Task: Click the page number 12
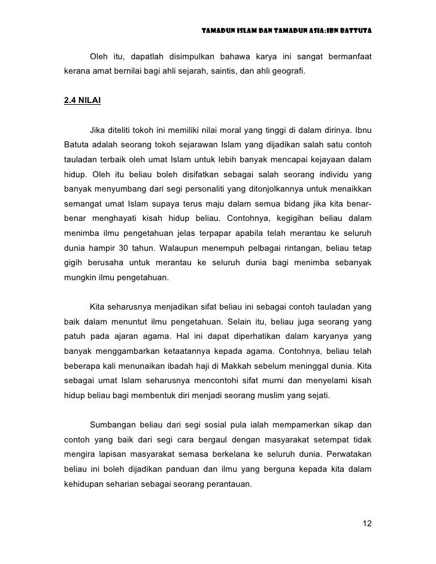367,524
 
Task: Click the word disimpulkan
193,57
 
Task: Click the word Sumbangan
113,426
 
